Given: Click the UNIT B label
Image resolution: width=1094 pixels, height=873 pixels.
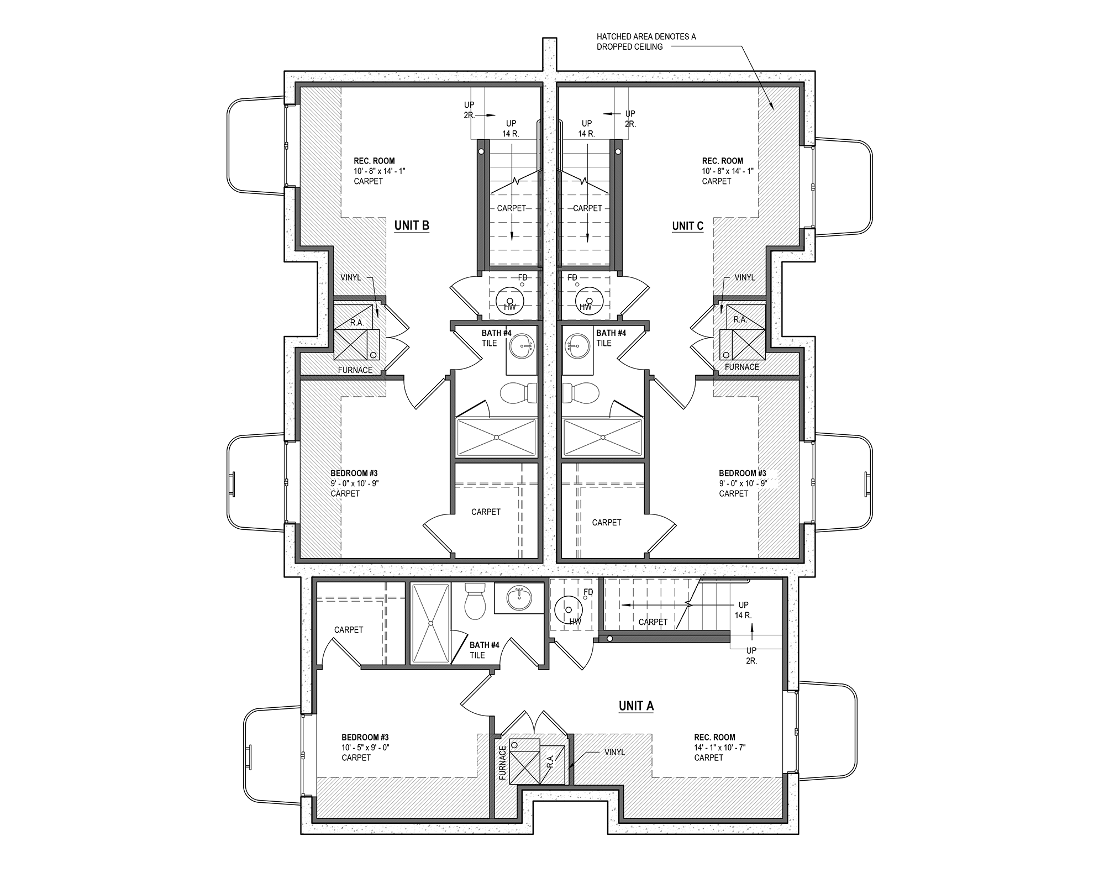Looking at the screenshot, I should (x=412, y=225).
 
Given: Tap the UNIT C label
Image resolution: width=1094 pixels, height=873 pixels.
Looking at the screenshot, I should (x=687, y=226).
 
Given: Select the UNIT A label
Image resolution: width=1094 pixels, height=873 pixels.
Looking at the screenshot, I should (x=636, y=706).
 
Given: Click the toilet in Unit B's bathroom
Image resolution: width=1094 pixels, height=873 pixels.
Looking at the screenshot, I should (x=518, y=393).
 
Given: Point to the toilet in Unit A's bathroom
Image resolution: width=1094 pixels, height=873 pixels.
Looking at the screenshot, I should (x=474, y=602).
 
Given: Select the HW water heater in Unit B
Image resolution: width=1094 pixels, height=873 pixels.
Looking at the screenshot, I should (x=510, y=302).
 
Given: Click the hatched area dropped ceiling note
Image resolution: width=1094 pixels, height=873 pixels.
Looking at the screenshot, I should (x=646, y=41).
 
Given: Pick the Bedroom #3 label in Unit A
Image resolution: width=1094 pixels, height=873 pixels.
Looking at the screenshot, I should (x=365, y=737).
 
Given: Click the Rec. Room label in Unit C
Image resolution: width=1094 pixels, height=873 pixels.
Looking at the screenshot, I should (x=722, y=161).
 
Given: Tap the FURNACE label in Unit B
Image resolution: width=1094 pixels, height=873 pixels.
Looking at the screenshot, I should (x=355, y=370).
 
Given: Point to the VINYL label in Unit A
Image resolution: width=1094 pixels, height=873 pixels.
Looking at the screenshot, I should (x=614, y=752).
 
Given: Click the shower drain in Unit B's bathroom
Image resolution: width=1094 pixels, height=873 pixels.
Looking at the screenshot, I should (x=496, y=438).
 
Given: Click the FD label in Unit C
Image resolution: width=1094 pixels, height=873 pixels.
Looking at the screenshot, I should (x=572, y=277).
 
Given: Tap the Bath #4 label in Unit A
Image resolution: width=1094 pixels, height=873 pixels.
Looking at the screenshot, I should (x=484, y=645).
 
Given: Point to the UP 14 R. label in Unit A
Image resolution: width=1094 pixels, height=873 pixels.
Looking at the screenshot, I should (x=743, y=610).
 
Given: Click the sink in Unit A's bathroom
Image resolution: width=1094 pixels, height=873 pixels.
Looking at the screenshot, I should (x=518, y=597).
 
